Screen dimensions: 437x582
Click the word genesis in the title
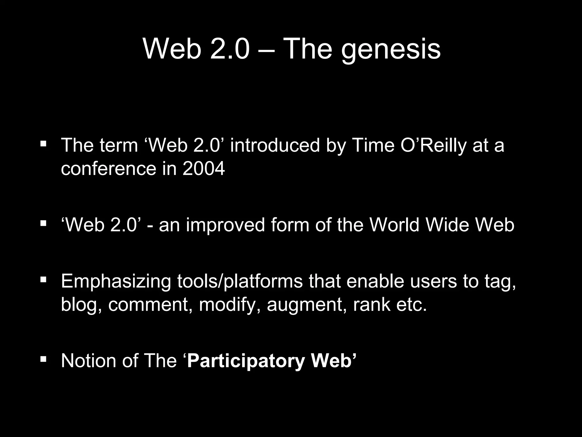[391, 50]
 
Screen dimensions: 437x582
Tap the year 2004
[203, 168]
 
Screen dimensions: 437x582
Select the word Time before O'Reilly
[373, 145]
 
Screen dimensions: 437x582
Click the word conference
[109, 168]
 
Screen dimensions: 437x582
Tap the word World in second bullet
[394, 225]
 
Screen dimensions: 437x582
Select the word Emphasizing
[116, 281]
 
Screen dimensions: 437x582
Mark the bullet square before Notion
[43, 359]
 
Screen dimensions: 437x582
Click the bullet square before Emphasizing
[43, 279]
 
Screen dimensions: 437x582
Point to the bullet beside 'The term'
[43, 143]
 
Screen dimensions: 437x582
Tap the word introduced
[275, 145]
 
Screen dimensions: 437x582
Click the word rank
[372, 305]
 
